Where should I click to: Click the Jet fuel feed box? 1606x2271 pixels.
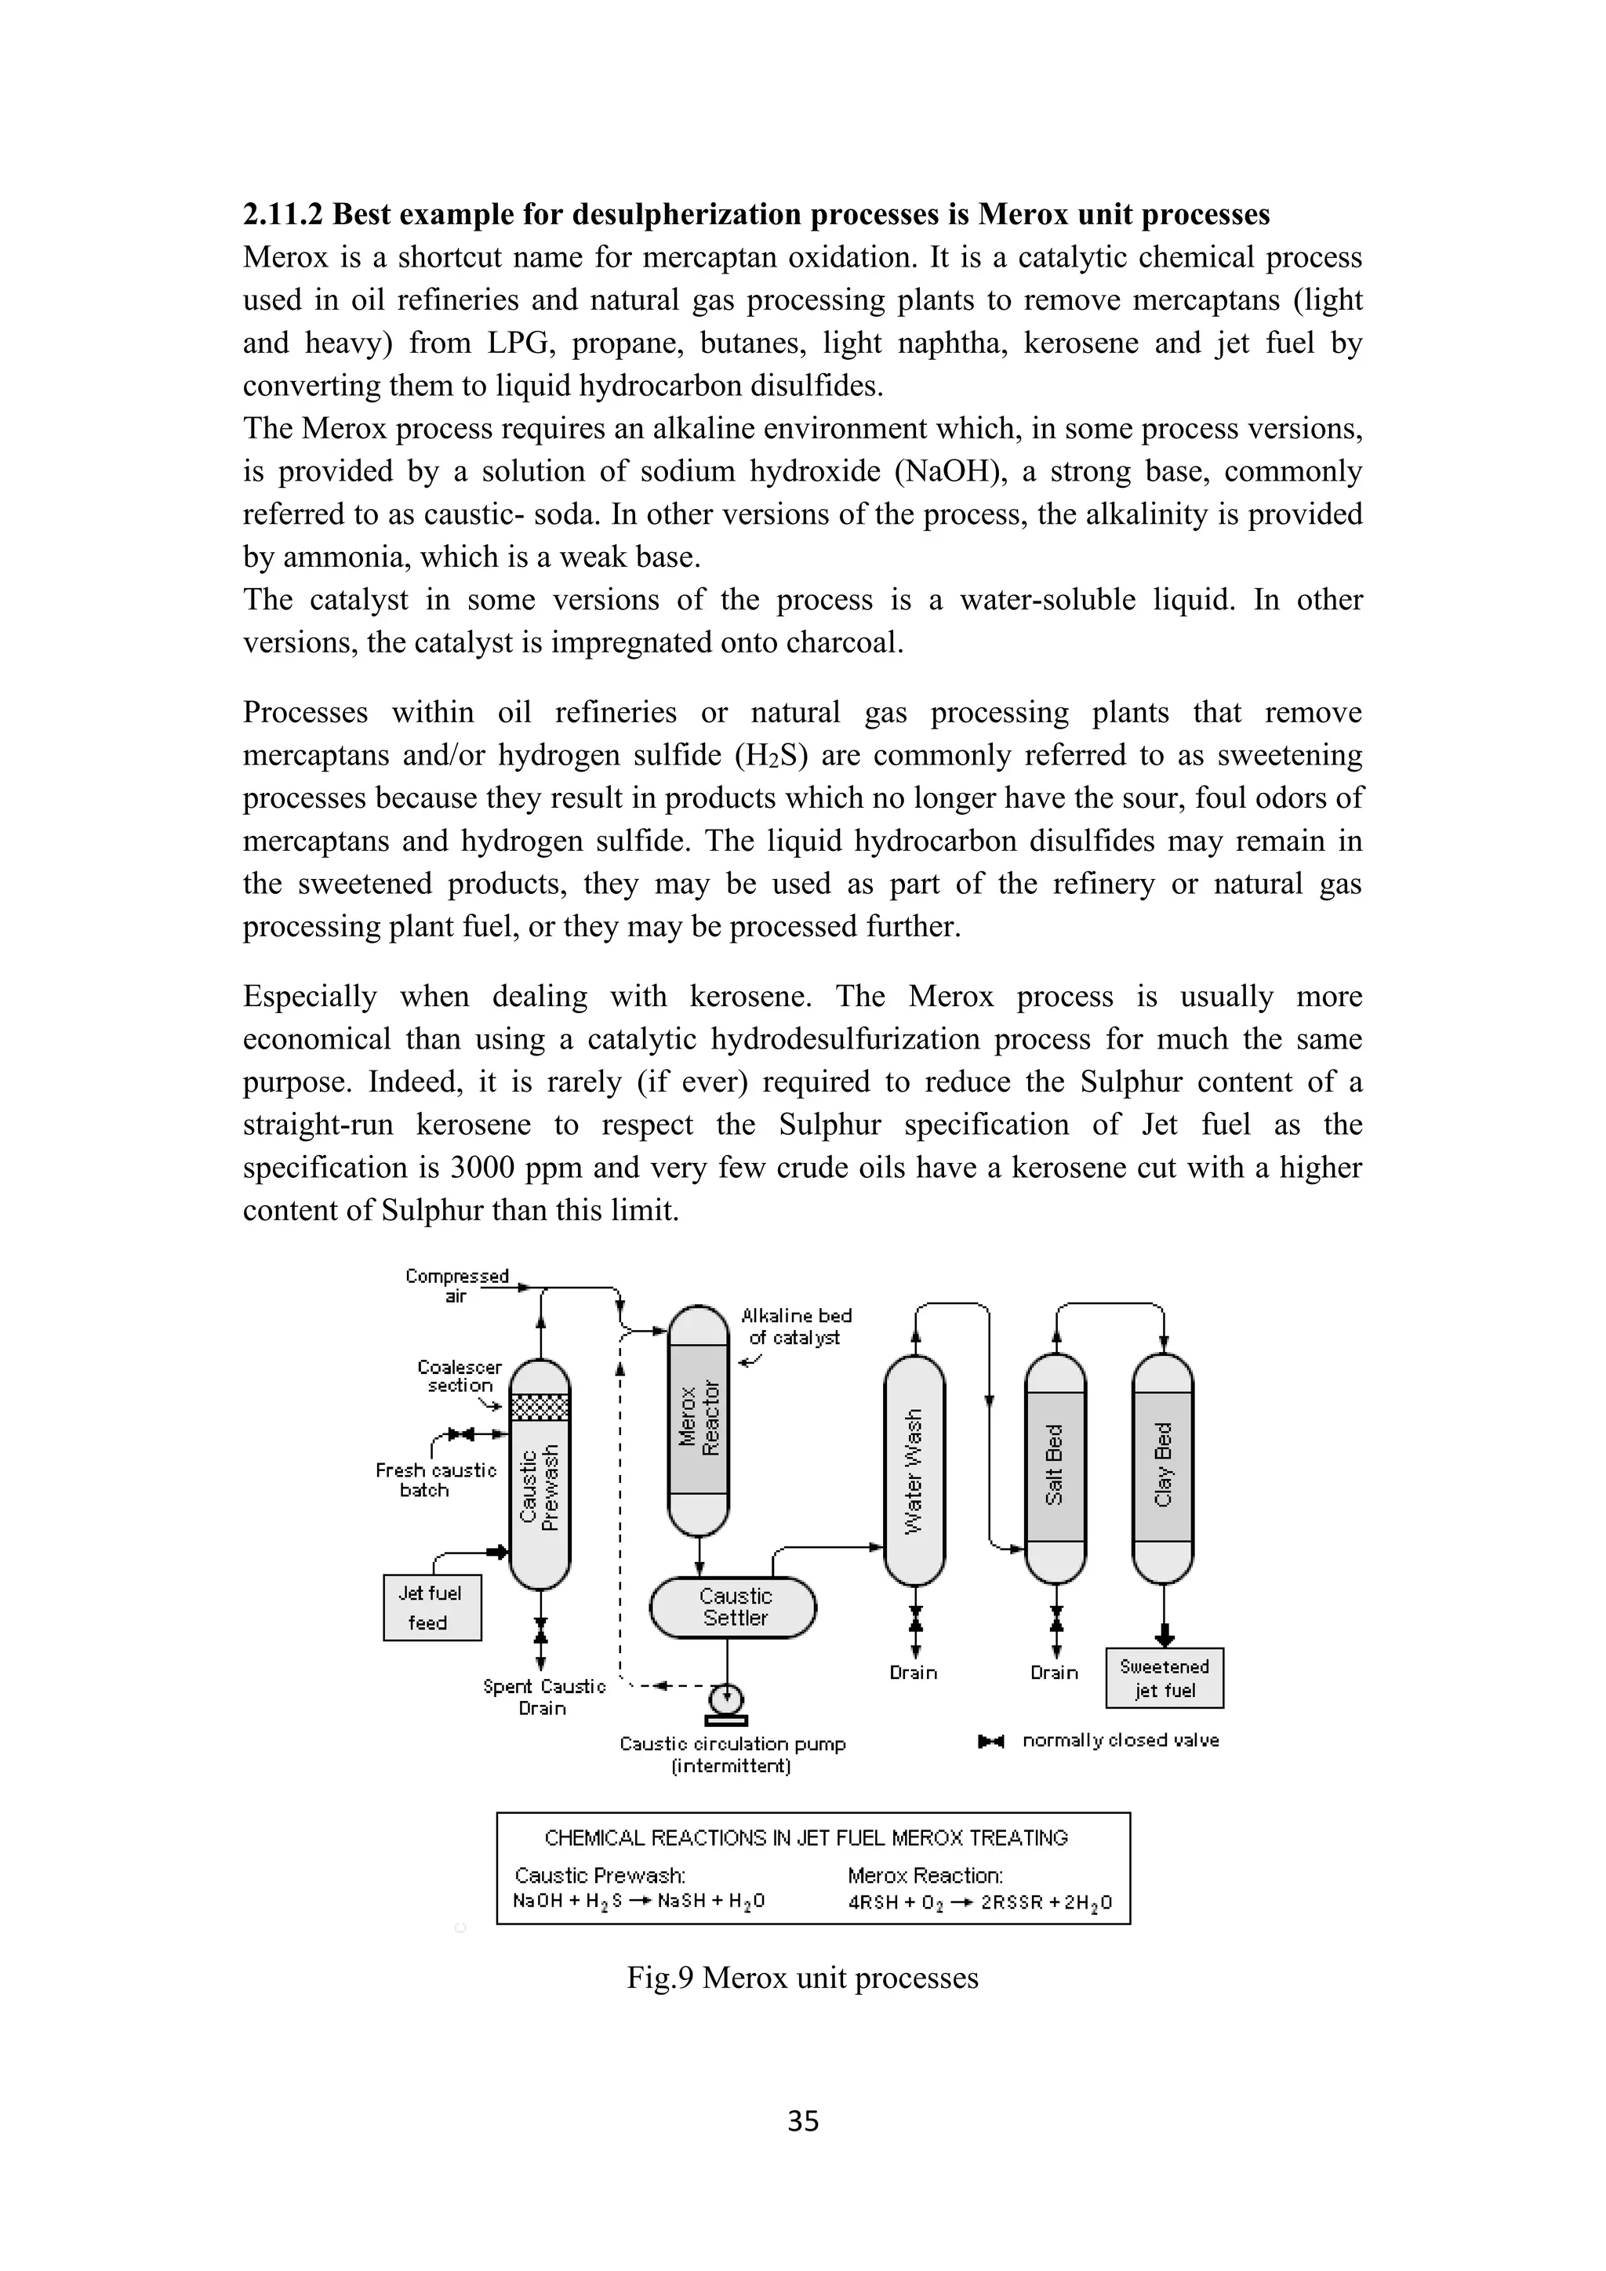tap(432, 1608)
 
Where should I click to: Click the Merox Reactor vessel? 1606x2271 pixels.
tap(699, 1419)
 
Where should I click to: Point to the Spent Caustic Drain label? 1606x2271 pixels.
tap(544, 1696)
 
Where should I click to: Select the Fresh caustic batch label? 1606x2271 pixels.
tap(435, 1480)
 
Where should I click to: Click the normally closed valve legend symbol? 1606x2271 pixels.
tap(991, 1740)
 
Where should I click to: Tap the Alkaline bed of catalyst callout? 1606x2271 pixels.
tap(796, 1325)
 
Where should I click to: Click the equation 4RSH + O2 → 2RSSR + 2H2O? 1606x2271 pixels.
tap(979, 1901)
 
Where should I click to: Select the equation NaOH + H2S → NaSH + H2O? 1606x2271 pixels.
tap(639, 1901)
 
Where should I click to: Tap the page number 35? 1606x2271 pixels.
tap(803, 2120)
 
